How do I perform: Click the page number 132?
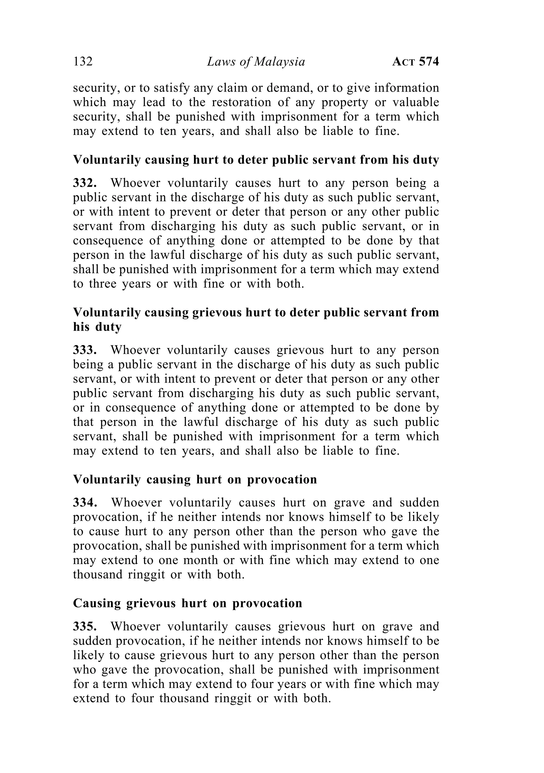coord(83,62)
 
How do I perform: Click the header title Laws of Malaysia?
coord(256,62)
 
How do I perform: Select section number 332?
coord(85,183)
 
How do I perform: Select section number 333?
coord(85,350)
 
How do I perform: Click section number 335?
coord(85,627)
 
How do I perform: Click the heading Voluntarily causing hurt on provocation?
coord(195,479)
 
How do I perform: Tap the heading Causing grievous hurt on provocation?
coord(188,603)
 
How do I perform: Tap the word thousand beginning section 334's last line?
coord(98,574)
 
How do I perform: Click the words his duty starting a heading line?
coord(97,327)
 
